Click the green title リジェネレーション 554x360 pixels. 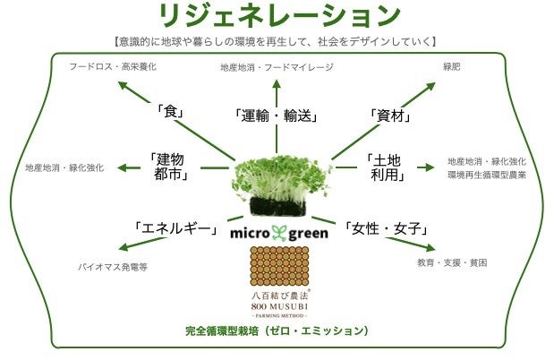pyautogui.click(x=277, y=15)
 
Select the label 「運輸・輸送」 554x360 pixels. pyautogui.click(x=276, y=116)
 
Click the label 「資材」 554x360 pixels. pyautogui.click(x=389, y=115)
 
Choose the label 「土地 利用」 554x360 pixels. pyautogui.click(x=387, y=167)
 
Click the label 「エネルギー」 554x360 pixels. pyautogui.click(x=176, y=229)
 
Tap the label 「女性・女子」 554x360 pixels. pyautogui.click(x=382, y=229)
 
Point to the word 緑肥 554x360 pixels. pyautogui.click(x=452, y=67)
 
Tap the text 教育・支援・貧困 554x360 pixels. pyautogui.click(x=452, y=263)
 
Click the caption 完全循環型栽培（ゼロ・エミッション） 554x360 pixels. pyautogui.click(x=277, y=330)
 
